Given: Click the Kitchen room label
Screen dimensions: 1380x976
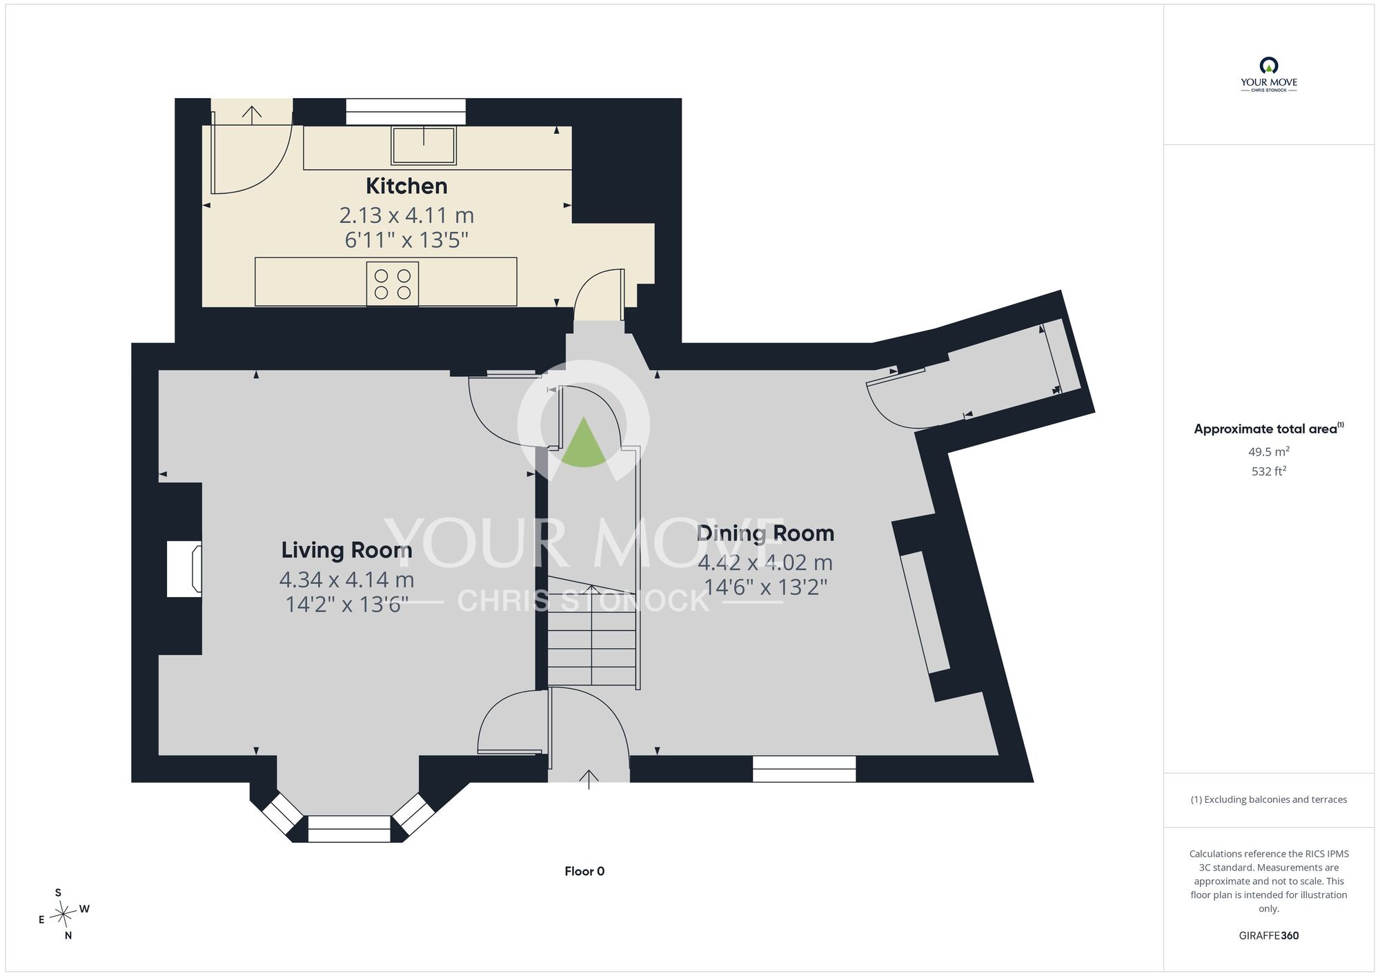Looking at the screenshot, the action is coord(406,186).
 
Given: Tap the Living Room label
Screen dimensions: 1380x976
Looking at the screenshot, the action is coord(346,549).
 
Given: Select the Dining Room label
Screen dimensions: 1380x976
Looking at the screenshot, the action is coord(765,533).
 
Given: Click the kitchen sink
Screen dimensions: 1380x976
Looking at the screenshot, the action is coord(424,145).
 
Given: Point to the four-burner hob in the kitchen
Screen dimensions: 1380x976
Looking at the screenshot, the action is coord(393,284).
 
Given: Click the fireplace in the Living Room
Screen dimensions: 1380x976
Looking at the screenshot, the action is coord(184,569).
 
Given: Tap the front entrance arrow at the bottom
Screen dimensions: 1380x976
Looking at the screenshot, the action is coord(589,779).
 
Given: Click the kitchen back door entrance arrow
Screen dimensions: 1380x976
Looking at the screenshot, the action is coord(253,115).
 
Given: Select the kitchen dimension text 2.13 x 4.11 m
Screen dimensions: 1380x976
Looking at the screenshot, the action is coord(406,215).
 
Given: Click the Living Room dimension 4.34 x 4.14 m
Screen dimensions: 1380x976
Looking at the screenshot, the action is coord(346,579).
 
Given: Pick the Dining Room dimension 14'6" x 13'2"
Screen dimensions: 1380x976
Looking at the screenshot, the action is coord(765,587).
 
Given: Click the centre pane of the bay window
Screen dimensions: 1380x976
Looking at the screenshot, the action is coord(349,829).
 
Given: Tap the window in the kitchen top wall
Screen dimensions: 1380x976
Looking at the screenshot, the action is coord(406,112).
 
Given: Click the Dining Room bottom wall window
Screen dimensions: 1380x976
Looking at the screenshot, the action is coord(804,769).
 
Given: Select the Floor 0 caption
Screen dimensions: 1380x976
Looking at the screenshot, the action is coord(584,871).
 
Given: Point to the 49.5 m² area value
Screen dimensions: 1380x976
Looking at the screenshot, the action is coord(1269,451).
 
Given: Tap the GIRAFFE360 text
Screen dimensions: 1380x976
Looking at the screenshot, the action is coord(1269,936).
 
